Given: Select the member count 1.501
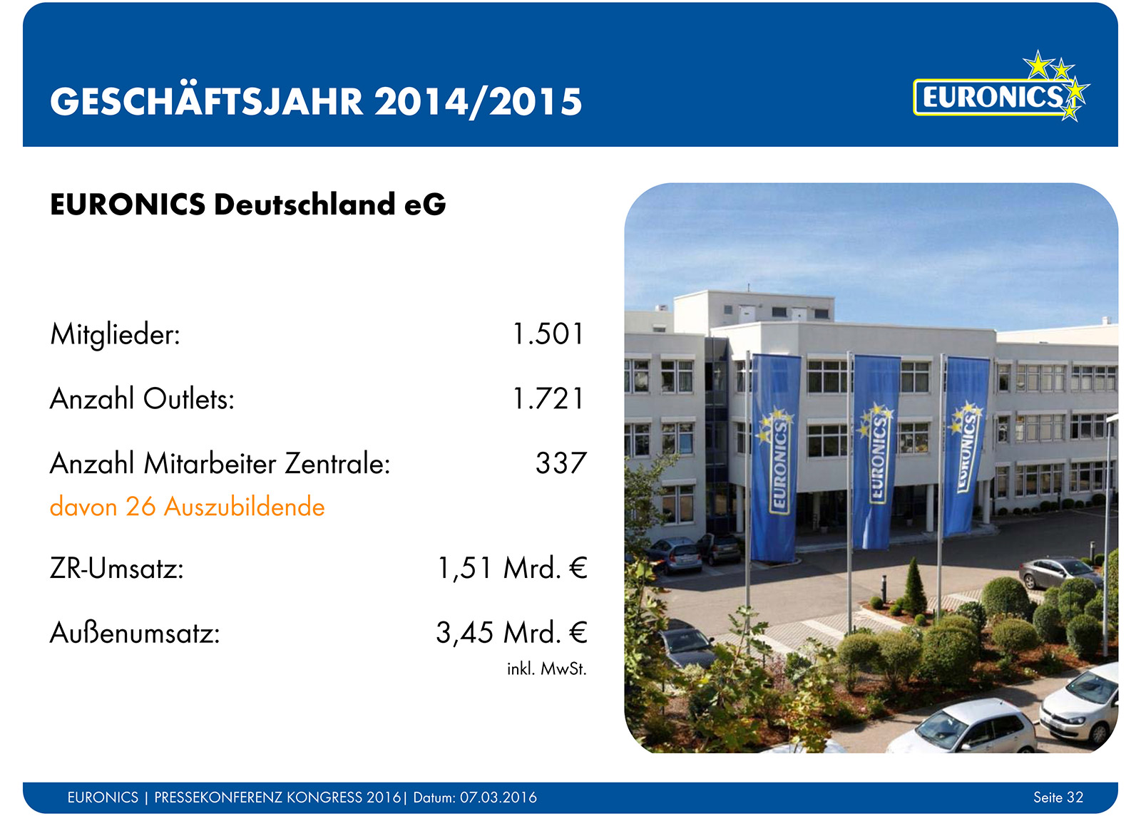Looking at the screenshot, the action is pos(548,334).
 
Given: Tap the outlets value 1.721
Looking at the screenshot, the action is pos(548,398).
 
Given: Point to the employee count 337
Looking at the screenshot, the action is pos(561,463).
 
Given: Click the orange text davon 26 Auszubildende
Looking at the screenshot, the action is pos(188,507).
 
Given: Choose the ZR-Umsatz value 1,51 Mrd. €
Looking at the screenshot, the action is pos(512,568).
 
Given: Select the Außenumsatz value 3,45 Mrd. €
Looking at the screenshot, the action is pos(511,633).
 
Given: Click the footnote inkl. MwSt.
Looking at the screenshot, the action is pos(546,668).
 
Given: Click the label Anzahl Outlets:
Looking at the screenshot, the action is pos(142,398).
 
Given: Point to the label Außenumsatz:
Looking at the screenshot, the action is pos(135,634).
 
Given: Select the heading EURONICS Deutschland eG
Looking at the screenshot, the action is pos(247,205).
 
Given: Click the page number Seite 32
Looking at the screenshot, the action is pos(1058,797).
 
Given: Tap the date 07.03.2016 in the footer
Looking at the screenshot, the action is pos(498,797).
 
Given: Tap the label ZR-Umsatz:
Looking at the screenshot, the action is pos(117,568).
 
